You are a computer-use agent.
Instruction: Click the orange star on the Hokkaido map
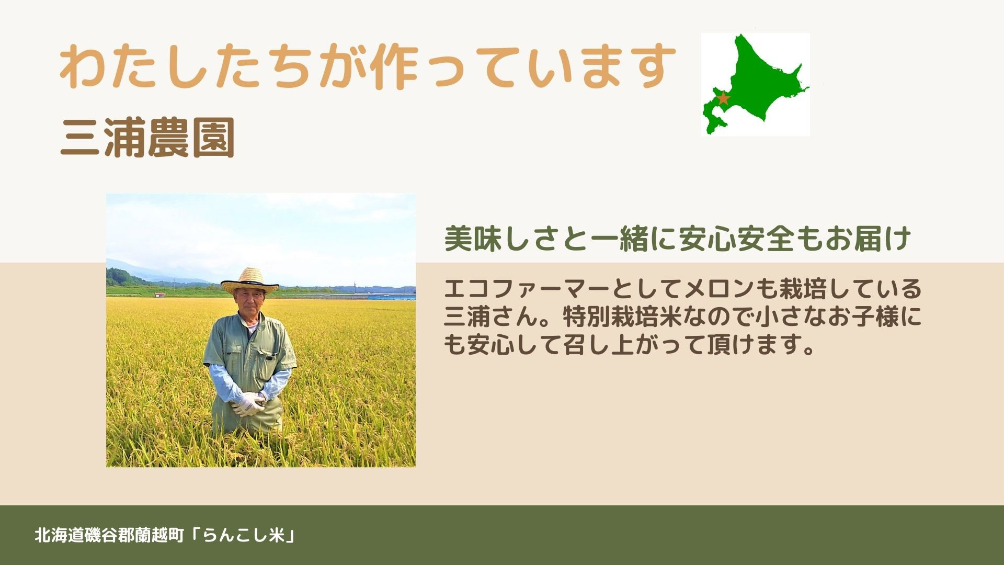[x=723, y=98]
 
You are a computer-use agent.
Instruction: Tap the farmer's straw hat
[x=249, y=280]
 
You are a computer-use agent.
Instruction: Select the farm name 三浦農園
[x=147, y=138]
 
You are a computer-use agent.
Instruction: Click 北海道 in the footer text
[x=52, y=536]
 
